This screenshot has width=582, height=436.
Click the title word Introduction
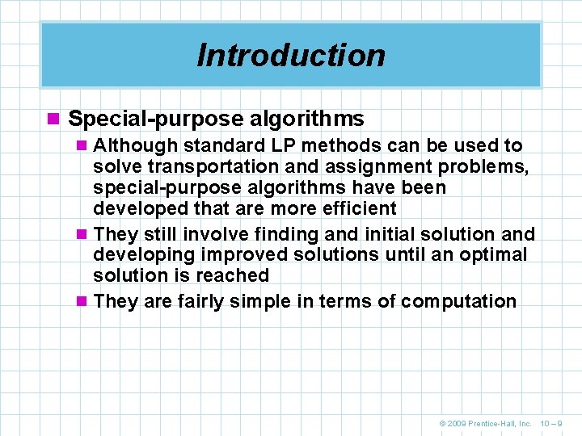(291, 55)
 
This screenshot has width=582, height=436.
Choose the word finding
(285, 235)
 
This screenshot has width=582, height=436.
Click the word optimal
(495, 255)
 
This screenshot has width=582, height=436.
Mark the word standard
(203, 146)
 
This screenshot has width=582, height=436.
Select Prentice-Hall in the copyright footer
(495, 423)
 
